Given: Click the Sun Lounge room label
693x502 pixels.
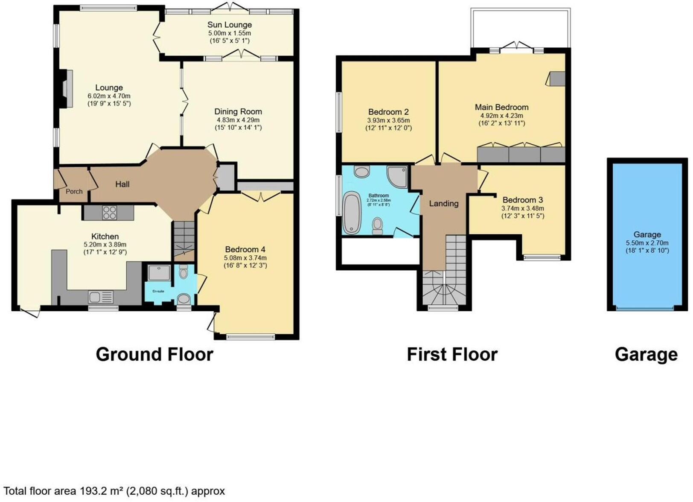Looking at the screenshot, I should click(230, 25).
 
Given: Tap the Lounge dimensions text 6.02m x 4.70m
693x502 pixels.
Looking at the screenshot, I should click(109, 96).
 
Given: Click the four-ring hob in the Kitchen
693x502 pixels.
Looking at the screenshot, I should click(109, 213).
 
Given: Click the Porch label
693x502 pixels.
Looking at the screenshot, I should click(74, 191).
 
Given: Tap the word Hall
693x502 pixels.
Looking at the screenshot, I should click(122, 184).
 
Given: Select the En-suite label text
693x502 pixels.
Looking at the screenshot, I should click(158, 291).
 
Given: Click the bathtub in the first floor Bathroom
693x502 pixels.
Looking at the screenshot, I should click(352, 213).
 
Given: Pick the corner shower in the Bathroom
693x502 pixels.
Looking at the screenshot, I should click(397, 176).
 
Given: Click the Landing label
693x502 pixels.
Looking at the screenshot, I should click(444, 204).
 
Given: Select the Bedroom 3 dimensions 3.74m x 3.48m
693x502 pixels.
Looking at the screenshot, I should click(523, 208).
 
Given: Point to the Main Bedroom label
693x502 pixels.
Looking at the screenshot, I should click(502, 107).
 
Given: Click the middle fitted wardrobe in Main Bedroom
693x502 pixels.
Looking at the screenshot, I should click(524, 154).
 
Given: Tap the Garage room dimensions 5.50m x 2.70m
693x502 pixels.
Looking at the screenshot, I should click(647, 242).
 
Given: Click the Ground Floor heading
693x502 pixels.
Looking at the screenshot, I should click(154, 354).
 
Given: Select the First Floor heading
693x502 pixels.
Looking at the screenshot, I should click(452, 354).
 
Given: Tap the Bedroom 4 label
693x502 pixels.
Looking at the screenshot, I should click(245, 249).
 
